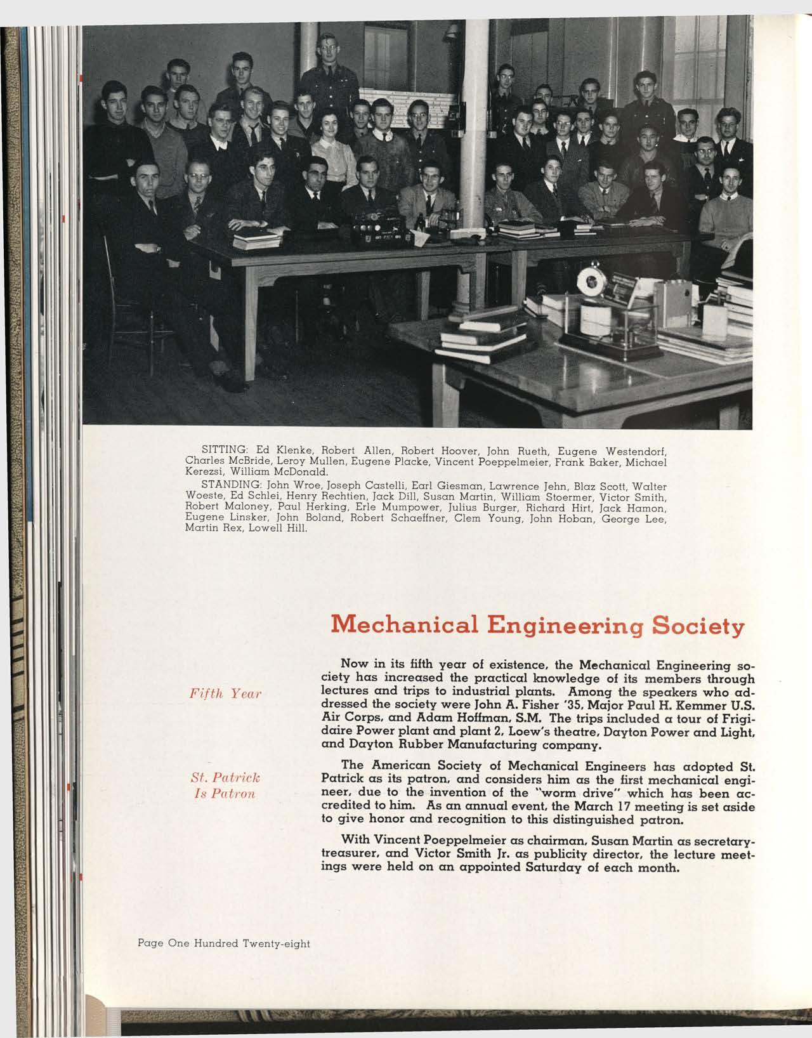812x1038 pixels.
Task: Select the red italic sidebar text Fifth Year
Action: [226, 693]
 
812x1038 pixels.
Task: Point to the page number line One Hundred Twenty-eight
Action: [223, 943]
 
